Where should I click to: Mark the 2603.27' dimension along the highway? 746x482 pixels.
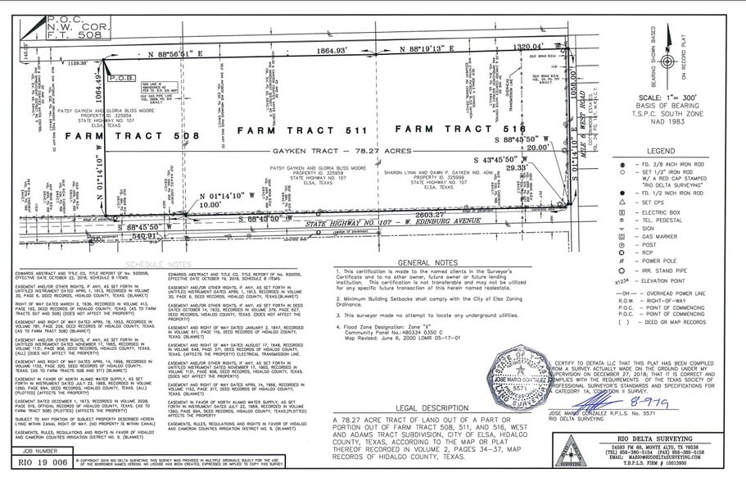431,214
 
